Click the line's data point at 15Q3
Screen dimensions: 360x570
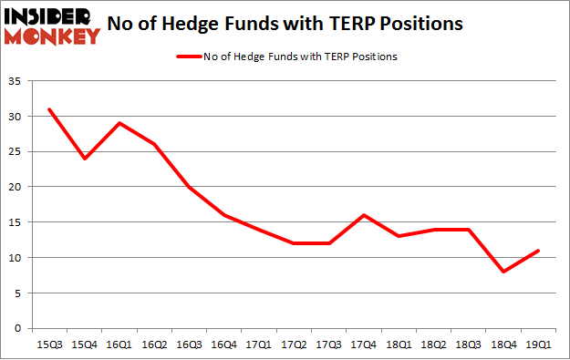[x=49, y=109]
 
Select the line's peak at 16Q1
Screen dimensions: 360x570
[x=119, y=123]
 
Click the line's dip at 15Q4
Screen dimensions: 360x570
[x=84, y=159]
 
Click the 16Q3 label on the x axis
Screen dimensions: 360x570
[x=188, y=345]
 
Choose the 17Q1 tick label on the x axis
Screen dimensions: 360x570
[x=257, y=345]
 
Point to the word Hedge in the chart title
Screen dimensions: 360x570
[x=219, y=24]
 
